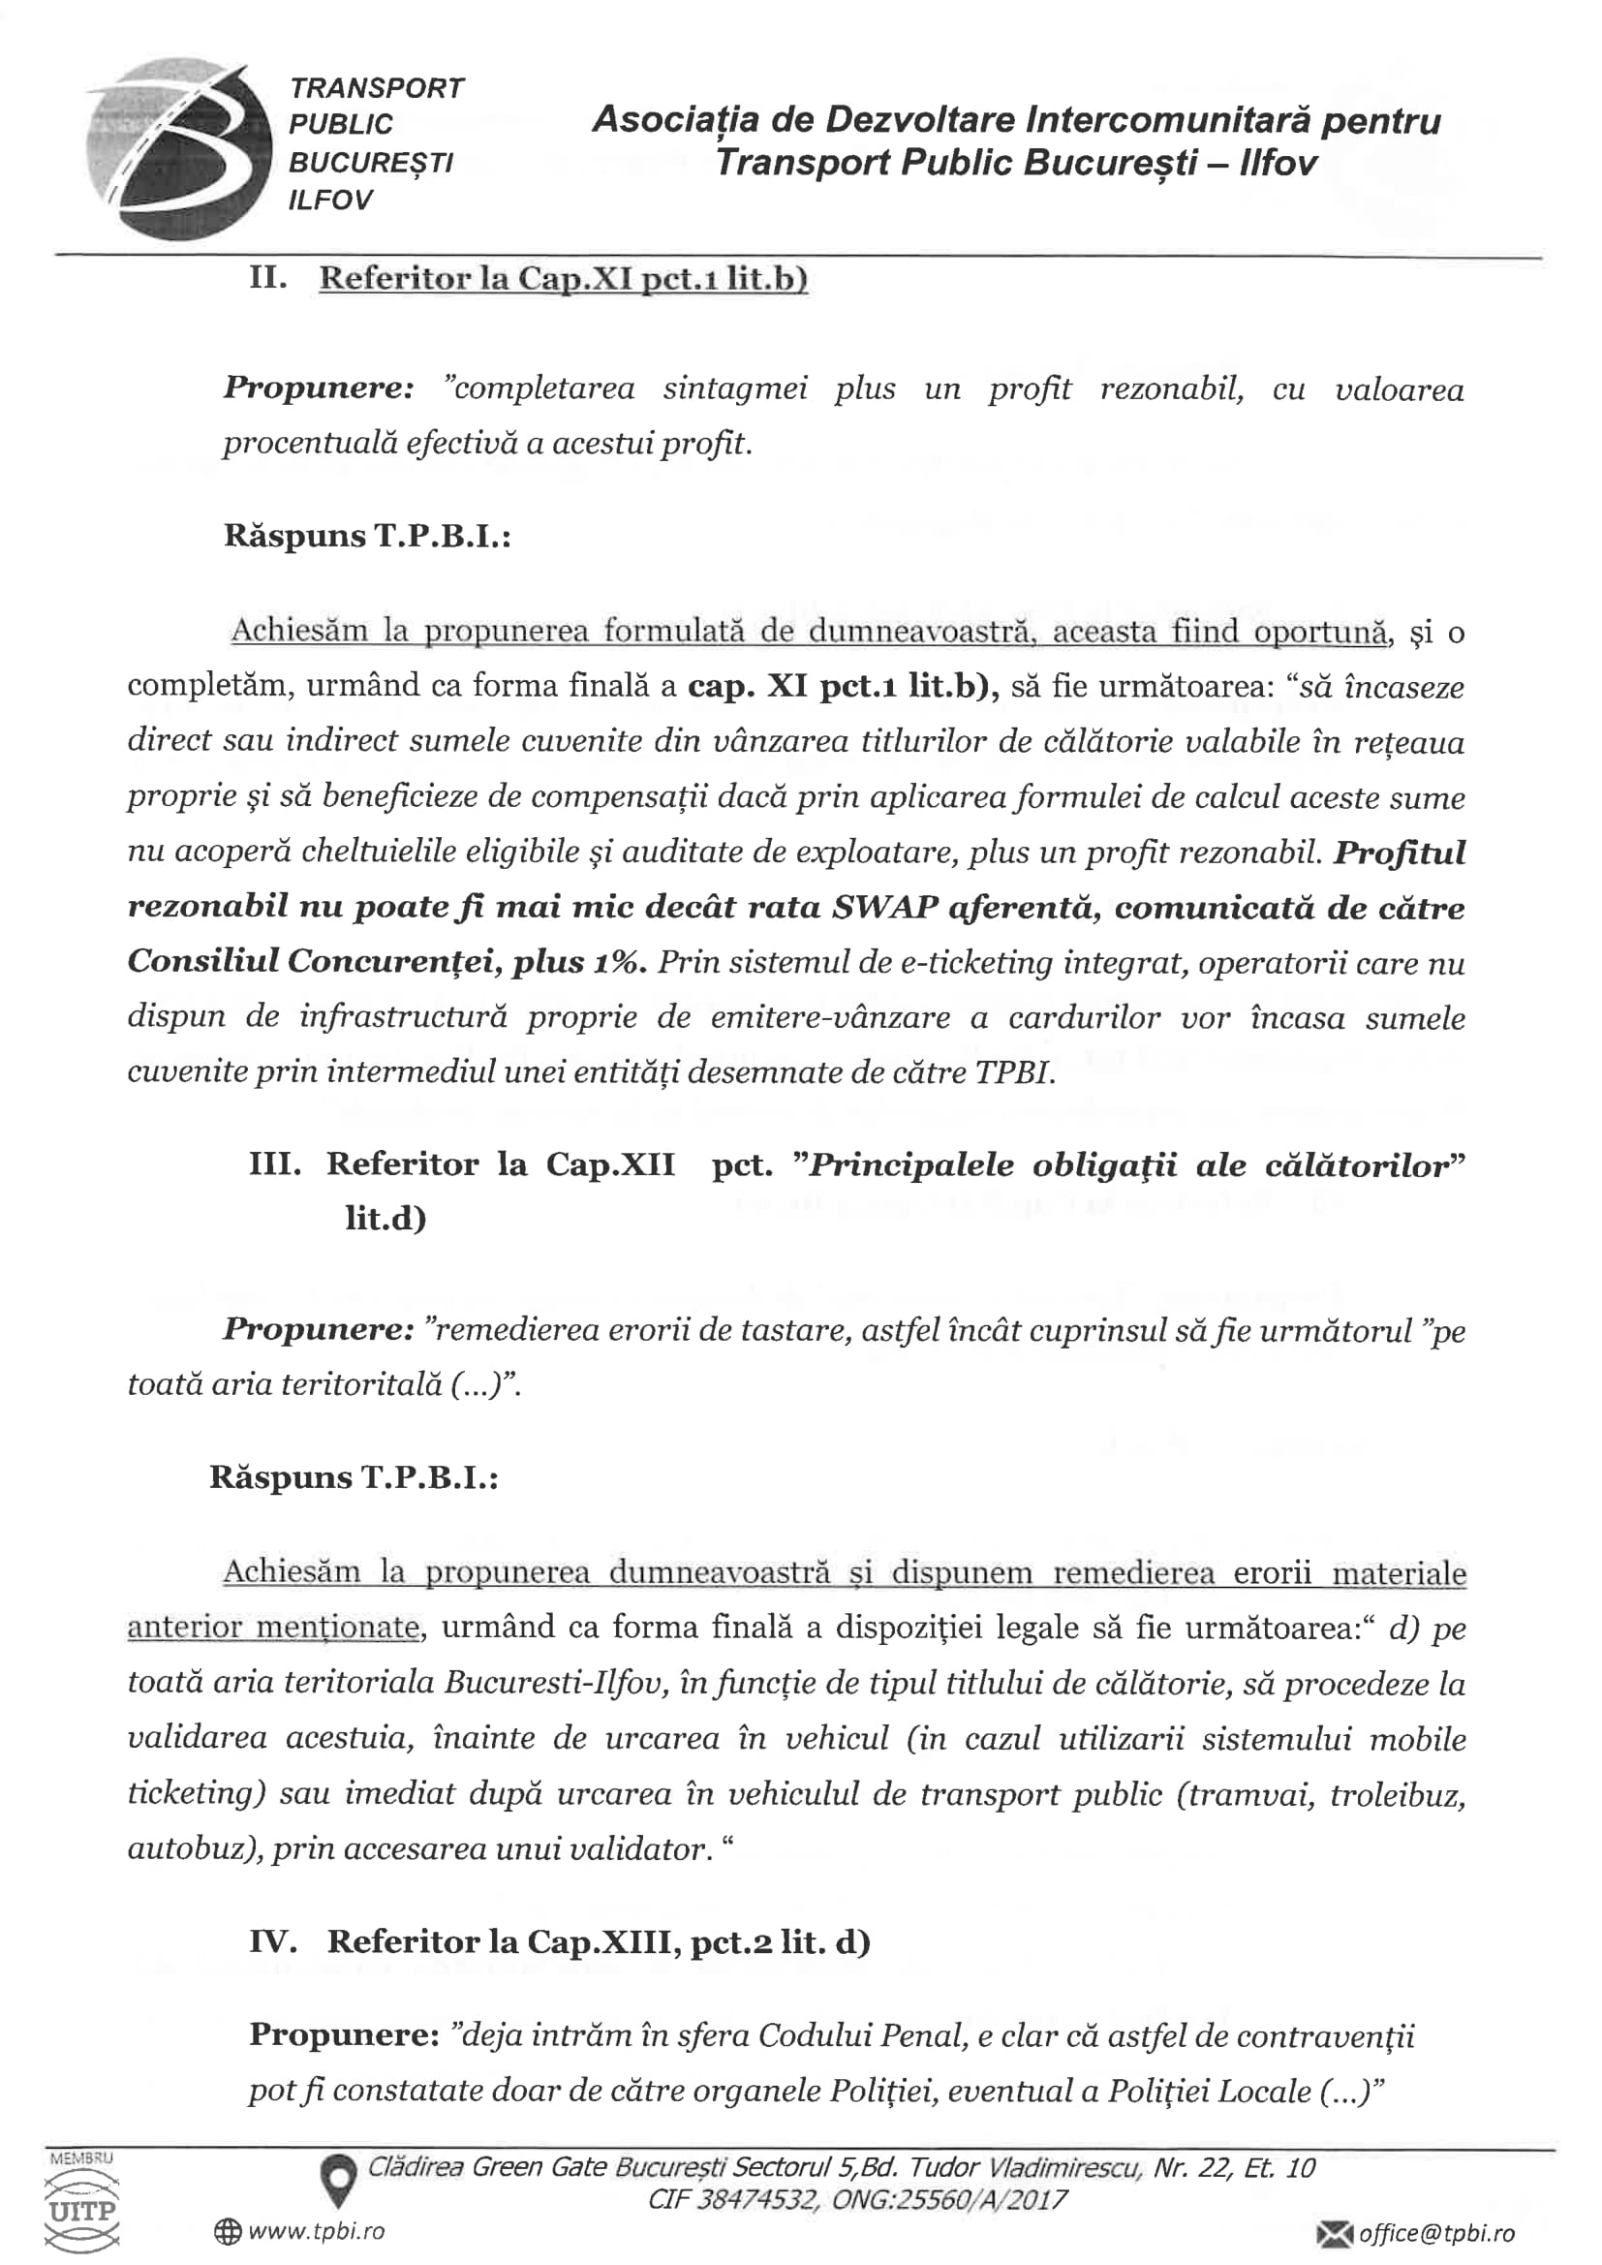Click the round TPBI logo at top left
coord(177,148)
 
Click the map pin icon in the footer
coord(339,2180)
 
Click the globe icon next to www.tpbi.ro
coord(228,2231)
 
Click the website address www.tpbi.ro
coord(317,2231)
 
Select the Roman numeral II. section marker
coord(267,278)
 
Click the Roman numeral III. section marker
coord(274,1164)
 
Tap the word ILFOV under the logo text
coord(330,201)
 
